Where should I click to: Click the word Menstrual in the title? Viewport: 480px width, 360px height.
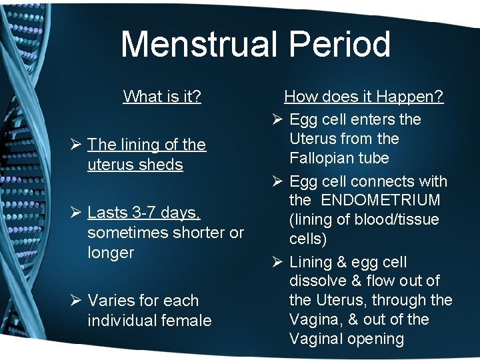click(x=197, y=45)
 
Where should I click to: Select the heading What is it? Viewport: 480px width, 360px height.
click(x=162, y=97)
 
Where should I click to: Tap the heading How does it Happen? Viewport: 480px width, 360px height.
click(x=363, y=97)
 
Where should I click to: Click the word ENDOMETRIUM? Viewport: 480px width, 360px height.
click(x=383, y=200)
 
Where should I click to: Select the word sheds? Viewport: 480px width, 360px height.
click(x=163, y=165)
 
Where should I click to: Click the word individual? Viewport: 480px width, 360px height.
click(x=122, y=321)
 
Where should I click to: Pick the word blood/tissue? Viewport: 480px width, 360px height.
click(x=396, y=219)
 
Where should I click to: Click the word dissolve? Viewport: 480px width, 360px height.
click(x=318, y=281)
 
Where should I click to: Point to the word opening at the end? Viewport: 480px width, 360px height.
click(x=374, y=339)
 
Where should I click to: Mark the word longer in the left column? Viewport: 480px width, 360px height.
click(x=110, y=253)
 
